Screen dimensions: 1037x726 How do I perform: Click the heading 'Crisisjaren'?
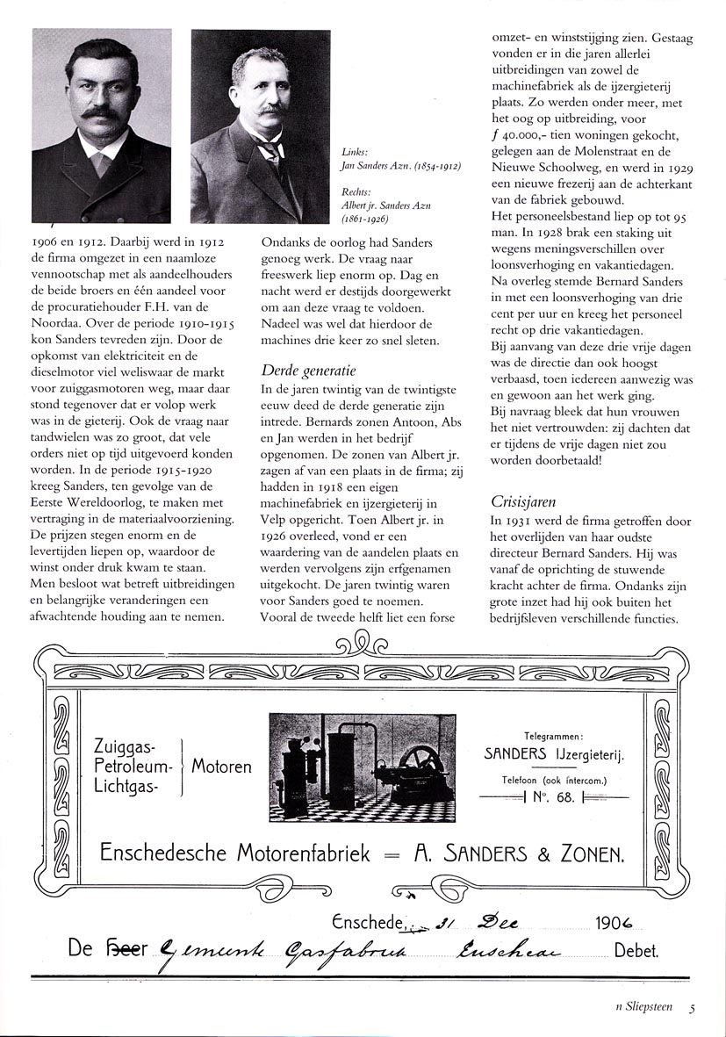[525, 501]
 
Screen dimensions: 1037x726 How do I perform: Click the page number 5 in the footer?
[692, 1008]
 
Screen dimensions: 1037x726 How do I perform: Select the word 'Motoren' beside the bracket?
[221, 767]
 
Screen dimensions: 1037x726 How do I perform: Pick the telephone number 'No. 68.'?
[554, 797]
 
